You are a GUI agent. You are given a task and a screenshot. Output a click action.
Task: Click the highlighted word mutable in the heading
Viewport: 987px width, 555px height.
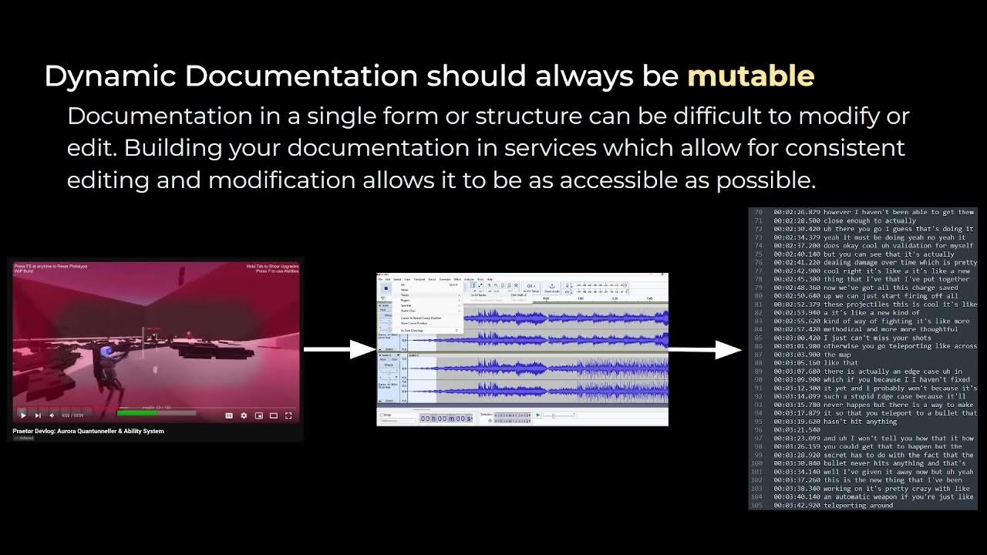click(x=750, y=76)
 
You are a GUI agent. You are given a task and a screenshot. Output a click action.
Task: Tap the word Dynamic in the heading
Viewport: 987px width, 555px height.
click(x=109, y=76)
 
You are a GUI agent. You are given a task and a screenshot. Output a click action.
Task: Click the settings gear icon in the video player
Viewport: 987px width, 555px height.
click(x=244, y=415)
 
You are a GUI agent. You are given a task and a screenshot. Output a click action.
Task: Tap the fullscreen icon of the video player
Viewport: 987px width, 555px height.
click(x=288, y=415)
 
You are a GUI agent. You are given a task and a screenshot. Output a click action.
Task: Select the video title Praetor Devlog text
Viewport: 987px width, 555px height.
click(x=88, y=431)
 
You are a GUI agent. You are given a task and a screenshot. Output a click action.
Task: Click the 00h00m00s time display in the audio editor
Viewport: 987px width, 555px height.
click(x=446, y=418)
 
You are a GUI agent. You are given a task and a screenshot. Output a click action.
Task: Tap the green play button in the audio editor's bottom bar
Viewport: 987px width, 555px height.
click(x=537, y=415)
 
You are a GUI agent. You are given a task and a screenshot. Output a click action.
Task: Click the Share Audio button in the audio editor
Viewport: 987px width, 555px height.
click(x=552, y=288)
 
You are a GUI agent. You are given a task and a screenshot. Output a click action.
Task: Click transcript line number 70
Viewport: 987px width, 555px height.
click(x=757, y=212)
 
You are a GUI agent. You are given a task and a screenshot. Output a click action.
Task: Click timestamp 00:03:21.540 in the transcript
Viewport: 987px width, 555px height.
click(x=797, y=430)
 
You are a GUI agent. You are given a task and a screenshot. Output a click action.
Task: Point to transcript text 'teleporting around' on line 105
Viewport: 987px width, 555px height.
click(x=857, y=506)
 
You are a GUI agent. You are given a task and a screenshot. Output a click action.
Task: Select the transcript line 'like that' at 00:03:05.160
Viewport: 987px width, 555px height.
click(x=840, y=362)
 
